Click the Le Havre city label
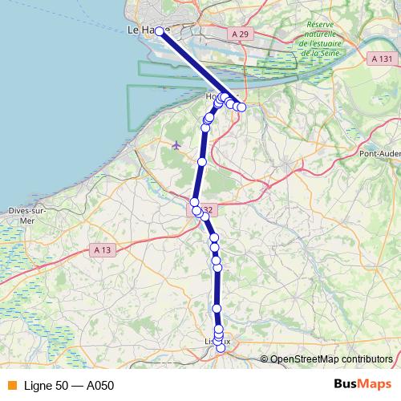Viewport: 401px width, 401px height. coord(141,30)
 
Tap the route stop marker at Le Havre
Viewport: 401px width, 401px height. coord(159,31)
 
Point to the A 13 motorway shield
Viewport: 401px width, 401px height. coord(100,250)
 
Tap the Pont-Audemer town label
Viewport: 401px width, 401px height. coord(379,153)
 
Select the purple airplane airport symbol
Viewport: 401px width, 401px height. coord(176,144)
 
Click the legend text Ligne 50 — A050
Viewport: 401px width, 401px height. coord(70,386)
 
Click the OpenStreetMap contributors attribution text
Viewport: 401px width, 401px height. coord(330,358)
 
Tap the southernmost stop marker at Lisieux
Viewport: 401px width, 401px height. coord(221,348)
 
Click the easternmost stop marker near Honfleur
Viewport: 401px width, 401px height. coord(241,107)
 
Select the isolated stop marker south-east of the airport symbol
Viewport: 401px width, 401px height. coord(202,162)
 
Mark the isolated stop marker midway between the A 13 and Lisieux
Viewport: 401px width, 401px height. coord(217,309)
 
